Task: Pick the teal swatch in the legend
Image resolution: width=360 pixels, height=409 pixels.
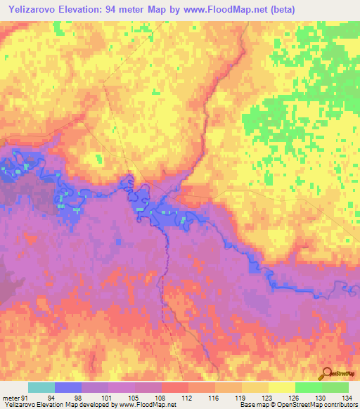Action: [x=41, y=387]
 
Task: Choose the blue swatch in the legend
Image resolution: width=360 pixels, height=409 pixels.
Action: [x=67, y=387]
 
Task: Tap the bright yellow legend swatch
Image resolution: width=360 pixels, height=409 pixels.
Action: [x=281, y=387]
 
